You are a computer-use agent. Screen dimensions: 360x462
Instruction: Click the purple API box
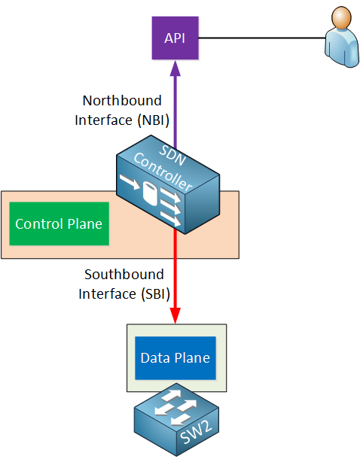(175, 38)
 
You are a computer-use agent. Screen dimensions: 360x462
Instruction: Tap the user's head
(341, 17)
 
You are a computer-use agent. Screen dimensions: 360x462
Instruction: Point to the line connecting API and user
(262, 38)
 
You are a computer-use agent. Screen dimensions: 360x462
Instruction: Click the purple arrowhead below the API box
(175, 68)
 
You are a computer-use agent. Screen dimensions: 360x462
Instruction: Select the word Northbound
(122, 101)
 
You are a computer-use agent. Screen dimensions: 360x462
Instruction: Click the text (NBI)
(154, 120)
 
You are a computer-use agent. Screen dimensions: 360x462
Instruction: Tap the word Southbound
(124, 275)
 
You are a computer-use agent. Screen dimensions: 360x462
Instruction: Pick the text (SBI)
(156, 294)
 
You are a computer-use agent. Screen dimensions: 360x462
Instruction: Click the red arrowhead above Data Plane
(175, 315)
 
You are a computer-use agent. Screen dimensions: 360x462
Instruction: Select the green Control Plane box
(59, 223)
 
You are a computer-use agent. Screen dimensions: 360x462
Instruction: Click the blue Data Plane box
(175, 358)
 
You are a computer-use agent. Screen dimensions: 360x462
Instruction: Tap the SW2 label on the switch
(196, 432)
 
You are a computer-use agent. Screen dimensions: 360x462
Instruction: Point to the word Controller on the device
(163, 172)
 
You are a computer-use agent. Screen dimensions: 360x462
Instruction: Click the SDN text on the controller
(172, 155)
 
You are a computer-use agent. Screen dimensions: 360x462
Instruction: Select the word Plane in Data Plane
(192, 358)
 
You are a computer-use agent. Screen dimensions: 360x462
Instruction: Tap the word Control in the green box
(40, 224)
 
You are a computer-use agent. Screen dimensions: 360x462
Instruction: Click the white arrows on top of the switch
(175, 408)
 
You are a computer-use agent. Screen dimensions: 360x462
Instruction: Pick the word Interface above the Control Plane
(103, 120)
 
